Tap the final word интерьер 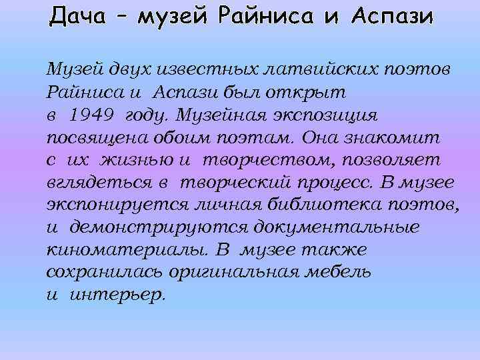tap(117, 295)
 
